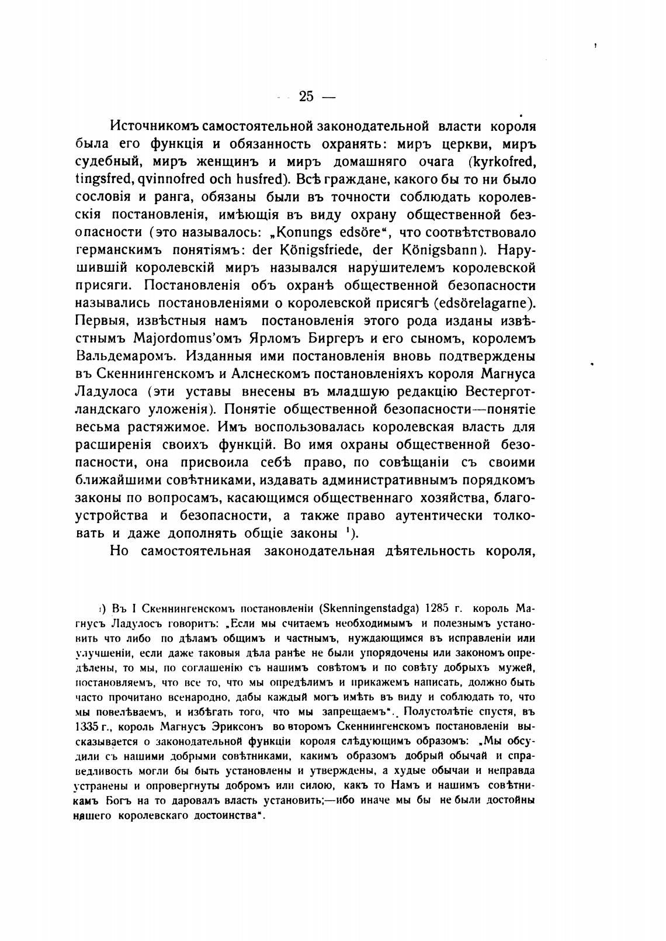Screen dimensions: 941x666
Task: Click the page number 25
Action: coord(306,96)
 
